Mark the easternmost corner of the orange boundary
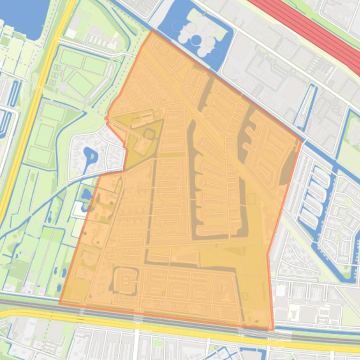(x=301, y=139)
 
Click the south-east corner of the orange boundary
(x=272, y=330)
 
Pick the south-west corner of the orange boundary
(x=60, y=303)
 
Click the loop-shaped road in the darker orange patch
(x=149, y=134)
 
